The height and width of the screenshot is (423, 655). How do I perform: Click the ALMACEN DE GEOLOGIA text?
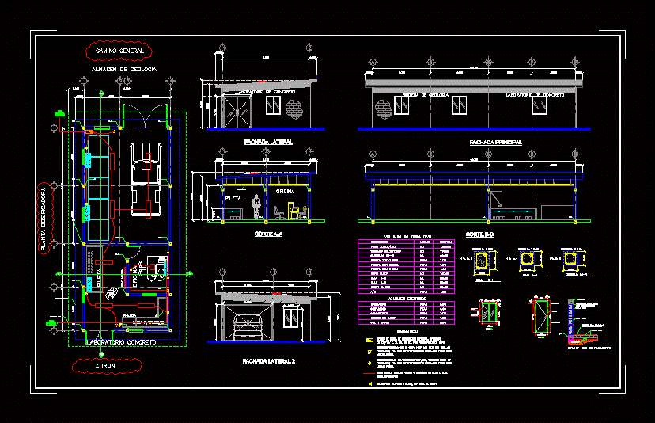pyautogui.click(x=124, y=70)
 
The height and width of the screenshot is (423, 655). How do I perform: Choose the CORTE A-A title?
pyautogui.click(x=267, y=234)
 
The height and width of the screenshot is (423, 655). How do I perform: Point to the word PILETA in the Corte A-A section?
pyautogui.click(x=233, y=198)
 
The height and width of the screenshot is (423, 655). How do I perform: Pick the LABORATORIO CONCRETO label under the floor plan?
pyautogui.click(x=121, y=342)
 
